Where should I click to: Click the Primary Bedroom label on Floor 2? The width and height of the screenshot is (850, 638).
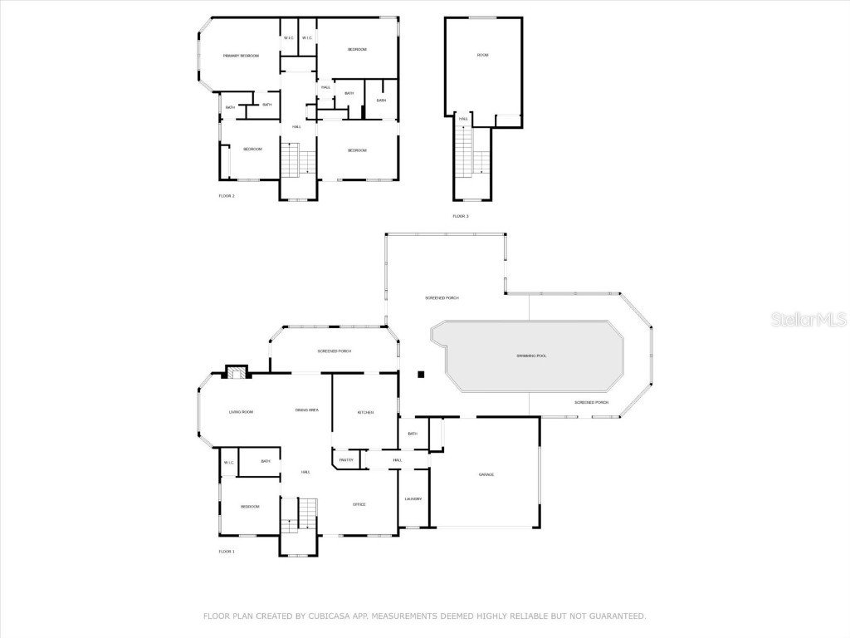click(241, 56)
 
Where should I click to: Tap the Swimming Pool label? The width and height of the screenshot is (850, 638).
click(531, 356)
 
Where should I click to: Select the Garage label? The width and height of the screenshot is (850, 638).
click(486, 474)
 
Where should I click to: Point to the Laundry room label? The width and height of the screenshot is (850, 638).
click(413, 498)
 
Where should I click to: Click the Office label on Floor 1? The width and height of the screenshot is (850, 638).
click(359, 504)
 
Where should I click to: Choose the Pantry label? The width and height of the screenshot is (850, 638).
click(346, 460)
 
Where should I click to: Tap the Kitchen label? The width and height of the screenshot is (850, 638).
click(365, 412)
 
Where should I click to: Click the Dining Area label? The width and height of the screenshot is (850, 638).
click(307, 410)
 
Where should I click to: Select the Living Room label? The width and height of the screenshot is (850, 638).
click(241, 411)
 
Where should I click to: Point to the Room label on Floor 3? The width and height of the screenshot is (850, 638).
click(482, 55)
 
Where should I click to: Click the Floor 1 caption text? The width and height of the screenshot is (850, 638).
click(227, 552)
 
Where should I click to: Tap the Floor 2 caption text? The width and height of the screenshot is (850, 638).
click(227, 196)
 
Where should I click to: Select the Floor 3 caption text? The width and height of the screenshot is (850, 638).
click(461, 216)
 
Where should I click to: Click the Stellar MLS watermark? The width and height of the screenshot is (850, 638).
click(808, 319)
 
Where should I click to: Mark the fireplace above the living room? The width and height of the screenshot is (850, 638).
click(237, 372)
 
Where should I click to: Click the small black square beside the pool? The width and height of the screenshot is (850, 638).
click(421, 375)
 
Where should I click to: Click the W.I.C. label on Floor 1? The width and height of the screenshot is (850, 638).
click(228, 463)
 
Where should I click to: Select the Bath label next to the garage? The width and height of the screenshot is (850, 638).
click(413, 433)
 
